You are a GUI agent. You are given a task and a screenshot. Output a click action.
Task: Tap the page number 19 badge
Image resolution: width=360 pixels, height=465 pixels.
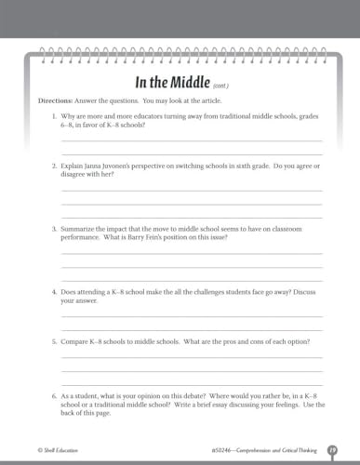pyautogui.click(x=331, y=450)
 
